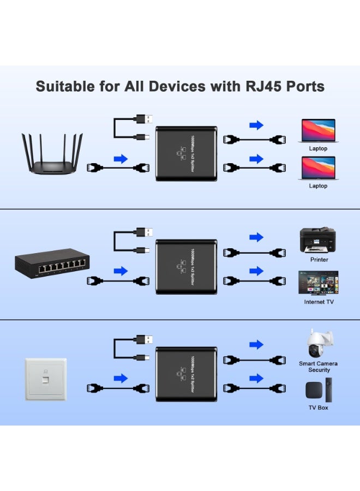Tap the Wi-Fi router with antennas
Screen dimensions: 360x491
52,154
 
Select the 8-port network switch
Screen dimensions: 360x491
52,264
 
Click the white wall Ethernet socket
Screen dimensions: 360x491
46,380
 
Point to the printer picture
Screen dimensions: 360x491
318,240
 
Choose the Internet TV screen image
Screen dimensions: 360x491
319,283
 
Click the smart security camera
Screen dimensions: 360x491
319,344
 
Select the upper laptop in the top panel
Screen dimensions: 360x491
319,131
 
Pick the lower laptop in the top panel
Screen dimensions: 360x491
319,168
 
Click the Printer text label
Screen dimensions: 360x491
319,260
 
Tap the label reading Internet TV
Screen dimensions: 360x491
319,302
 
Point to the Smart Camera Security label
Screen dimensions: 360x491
319,367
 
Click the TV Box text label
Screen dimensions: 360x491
319,408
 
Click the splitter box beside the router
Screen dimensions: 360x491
187,153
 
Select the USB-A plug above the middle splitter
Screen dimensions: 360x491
145,232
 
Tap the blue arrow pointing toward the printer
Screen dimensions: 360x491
256,237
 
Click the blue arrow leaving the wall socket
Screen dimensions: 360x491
121,378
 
